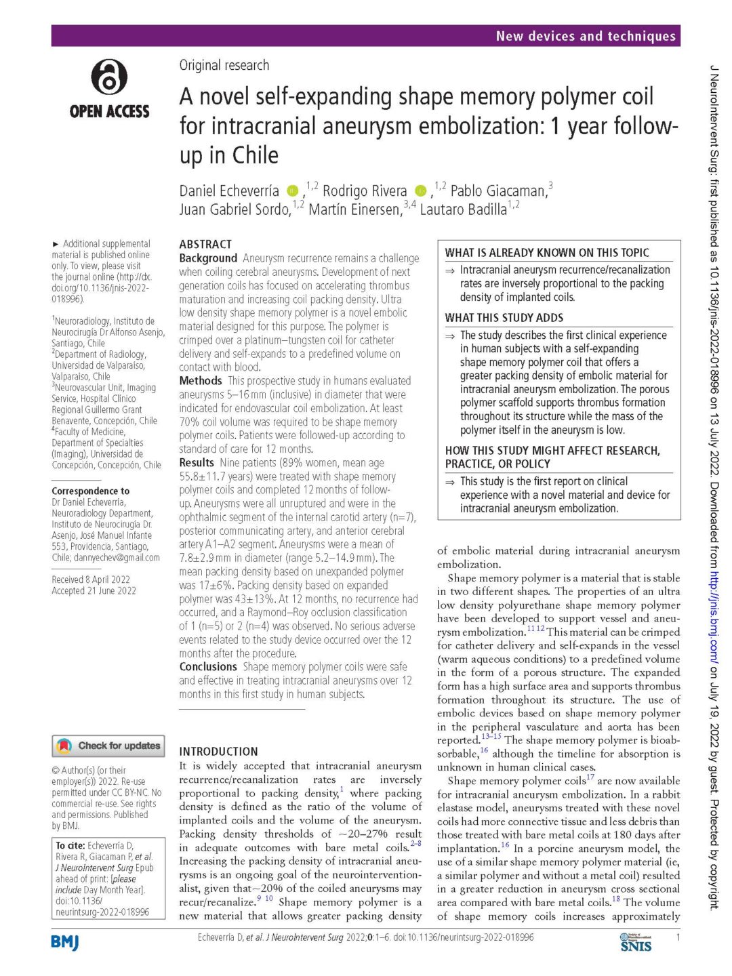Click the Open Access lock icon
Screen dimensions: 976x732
tap(109, 76)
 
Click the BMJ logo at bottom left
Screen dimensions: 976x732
tap(65, 942)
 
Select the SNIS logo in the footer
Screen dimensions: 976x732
tap(635, 942)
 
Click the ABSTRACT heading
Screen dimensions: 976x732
tap(205, 244)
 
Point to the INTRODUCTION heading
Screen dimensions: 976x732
tap(218, 751)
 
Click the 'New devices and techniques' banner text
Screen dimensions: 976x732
tap(586, 36)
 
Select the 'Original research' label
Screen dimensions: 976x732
tap(224, 65)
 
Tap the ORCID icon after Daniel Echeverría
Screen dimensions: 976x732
tap(292, 191)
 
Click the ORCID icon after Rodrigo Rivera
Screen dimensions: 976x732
tap(420, 191)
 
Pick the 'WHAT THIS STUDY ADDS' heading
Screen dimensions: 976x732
tap(504, 318)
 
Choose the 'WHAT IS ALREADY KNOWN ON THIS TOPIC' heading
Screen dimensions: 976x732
tap(547, 253)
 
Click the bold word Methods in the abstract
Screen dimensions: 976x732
tap(201, 381)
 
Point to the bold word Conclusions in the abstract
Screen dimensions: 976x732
tap(208, 667)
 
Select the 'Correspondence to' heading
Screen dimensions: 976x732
tap(91, 491)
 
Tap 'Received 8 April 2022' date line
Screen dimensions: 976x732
tap(91, 579)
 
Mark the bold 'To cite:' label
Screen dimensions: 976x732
tap(70, 846)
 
